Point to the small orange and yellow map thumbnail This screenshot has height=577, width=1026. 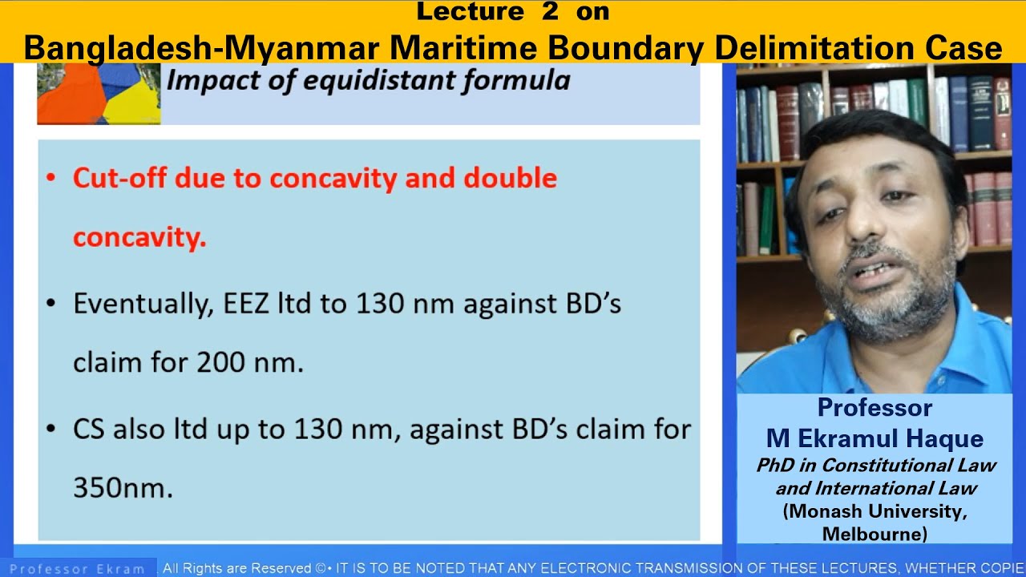(x=99, y=94)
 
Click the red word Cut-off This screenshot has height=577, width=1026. (x=120, y=178)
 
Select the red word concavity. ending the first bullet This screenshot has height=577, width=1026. (x=139, y=237)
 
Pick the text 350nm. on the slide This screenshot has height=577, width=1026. (x=123, y=488)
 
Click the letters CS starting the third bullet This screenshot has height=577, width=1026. (x=89, y=430)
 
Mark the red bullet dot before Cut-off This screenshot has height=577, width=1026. (x=52, y=178)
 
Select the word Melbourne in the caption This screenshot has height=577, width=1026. (x=875, y=533)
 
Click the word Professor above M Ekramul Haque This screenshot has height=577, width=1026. (x=875, y=408)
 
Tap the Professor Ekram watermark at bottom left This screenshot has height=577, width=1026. (x=77, y=569)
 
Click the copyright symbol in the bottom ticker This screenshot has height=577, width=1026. (x=320, y=569)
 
